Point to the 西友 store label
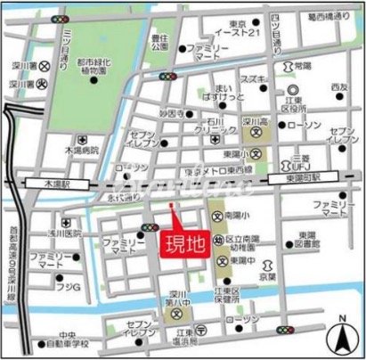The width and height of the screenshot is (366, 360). pos(338,86)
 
